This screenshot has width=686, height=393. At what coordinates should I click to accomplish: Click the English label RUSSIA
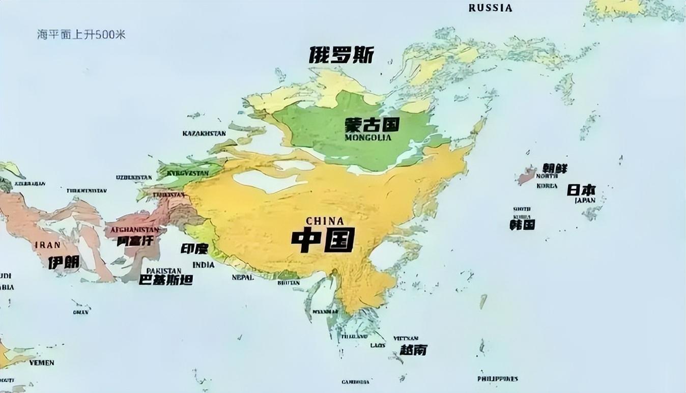(490, 8)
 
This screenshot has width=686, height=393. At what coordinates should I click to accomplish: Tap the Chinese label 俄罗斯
(341, 55)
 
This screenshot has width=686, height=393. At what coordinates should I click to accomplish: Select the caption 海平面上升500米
(81, 35)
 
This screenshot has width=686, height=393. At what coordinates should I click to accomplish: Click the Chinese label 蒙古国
(371, 125)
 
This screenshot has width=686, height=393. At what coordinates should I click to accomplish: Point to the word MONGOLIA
(368, 137)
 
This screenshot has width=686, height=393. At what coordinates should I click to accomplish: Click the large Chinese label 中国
(323, 240)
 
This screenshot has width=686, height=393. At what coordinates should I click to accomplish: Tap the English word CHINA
(325, 221)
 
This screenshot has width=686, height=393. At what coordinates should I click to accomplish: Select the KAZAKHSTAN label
(204, 133)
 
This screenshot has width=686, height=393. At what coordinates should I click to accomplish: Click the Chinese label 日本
(581, 190)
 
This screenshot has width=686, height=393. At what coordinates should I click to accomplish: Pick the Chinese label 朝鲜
(554, 169)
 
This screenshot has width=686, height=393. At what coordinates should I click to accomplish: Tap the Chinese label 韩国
(522, 224)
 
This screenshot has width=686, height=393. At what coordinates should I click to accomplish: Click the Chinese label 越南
(413, 350)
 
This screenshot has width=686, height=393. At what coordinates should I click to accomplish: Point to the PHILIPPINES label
(497, 379)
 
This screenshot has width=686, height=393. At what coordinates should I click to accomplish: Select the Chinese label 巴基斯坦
(166, 280)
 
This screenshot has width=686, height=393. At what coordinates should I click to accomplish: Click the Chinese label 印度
(195, 249)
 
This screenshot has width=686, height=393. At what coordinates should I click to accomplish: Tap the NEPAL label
(243, 277)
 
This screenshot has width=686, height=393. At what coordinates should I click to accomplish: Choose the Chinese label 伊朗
(64, 263)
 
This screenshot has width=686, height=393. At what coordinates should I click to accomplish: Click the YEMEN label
(41, 363)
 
